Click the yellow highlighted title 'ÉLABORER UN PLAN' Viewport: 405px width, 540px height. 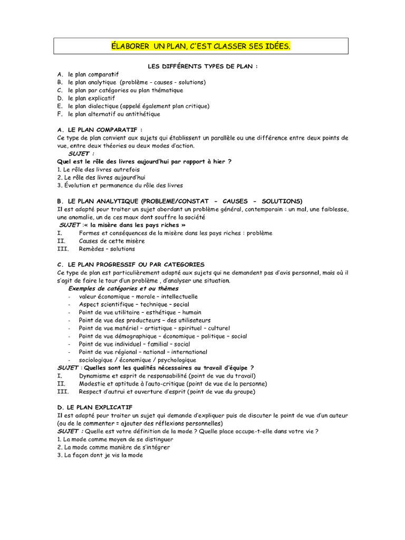200,46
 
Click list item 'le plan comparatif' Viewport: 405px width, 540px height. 93,74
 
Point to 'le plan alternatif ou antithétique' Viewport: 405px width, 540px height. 114,114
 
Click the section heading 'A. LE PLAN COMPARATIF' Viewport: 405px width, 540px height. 100,130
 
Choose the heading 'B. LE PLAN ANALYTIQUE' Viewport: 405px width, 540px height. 179,201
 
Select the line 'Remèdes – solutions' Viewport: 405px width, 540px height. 107,248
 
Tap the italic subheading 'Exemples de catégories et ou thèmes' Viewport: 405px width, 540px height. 123,288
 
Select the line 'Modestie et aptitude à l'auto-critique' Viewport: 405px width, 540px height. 172,383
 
